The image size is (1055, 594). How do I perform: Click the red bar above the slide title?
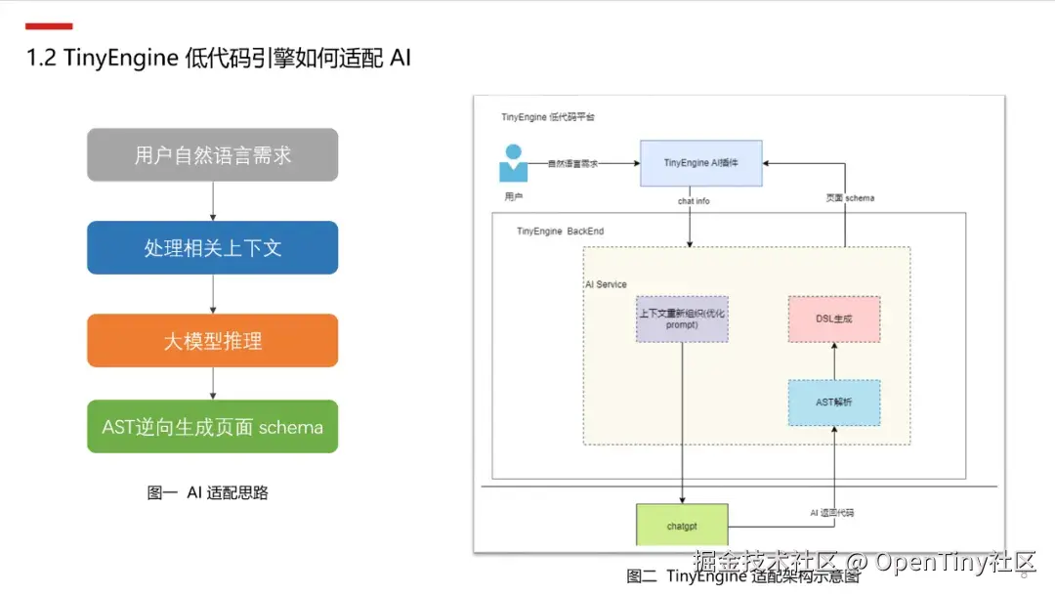coord(49,25)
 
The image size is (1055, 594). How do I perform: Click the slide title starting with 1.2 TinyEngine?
coord(219,58)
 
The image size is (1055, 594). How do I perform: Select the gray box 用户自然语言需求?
coord(212,155)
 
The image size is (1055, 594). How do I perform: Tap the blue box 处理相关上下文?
coord(212,247)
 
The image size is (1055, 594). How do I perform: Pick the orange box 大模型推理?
coord(212,341)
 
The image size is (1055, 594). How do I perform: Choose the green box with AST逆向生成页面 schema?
coord(212,427)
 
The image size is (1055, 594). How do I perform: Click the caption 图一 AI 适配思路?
coord(208,492)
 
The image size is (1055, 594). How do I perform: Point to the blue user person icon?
coord(513,163)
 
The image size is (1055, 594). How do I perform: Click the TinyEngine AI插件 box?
coord(700,163)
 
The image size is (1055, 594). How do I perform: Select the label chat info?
coord(694,200)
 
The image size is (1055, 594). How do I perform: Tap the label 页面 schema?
coord(849,198)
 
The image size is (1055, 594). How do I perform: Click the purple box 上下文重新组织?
coord(682,318)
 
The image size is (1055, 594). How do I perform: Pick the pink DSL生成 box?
coord(833,318)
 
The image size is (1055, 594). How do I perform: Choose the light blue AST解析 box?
coord(833,403)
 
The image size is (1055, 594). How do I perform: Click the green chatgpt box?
coord(682,526)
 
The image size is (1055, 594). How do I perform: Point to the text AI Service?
coord(606,284)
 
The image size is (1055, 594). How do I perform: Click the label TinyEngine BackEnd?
coord(560,231)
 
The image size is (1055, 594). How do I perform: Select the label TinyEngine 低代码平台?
coord(548,116)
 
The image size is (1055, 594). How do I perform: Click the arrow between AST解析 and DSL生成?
coord(833,361)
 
